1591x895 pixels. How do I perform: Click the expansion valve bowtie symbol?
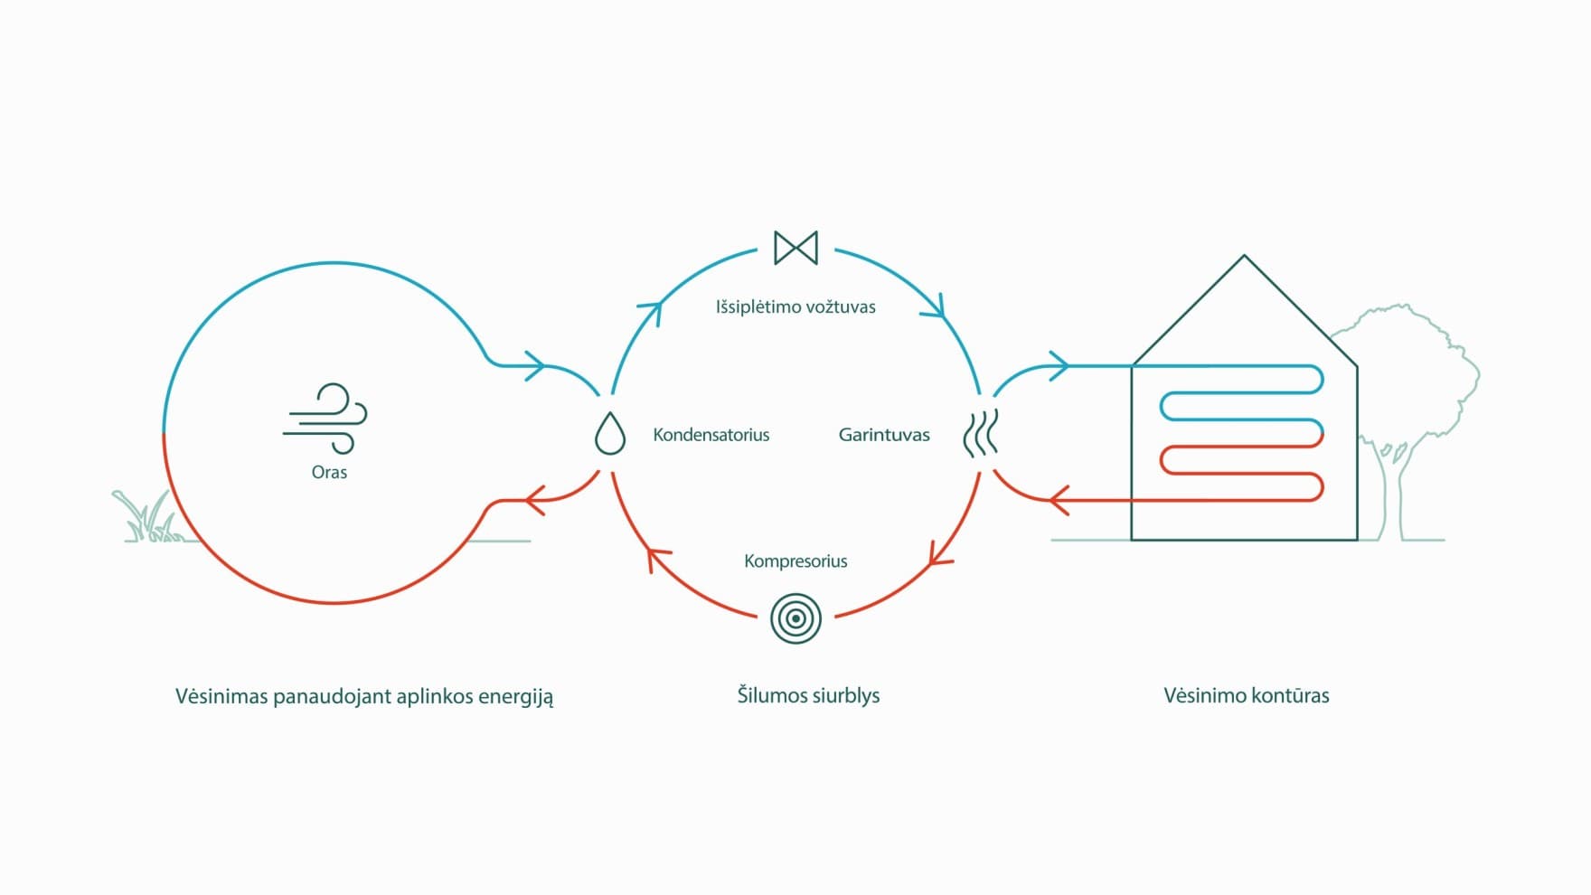coord(795,248)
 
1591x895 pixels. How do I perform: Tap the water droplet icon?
coord(610,433)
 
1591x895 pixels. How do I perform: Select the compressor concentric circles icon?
coord(795,618)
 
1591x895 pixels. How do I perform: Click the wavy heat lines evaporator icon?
coord(981,433)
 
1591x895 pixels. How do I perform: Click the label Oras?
coord(329,472)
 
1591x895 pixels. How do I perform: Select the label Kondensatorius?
coord(711,435)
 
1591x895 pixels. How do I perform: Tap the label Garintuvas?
coord(884,435)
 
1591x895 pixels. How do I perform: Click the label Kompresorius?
coord(795,561)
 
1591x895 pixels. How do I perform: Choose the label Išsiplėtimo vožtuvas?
coord(795,307)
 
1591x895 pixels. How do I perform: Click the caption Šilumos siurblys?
coord(808,695)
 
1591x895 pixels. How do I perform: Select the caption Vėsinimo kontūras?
coord(1247,695)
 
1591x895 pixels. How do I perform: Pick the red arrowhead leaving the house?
coord(1059,500)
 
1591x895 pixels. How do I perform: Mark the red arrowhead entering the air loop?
coord(535,500)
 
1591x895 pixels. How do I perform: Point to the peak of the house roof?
coord(1245,256)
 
